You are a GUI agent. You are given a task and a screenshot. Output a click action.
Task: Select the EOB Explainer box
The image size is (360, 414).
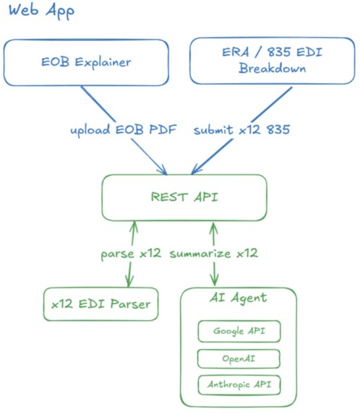[86, 63]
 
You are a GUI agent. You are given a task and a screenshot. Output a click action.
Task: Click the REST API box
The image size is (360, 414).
[184, 197]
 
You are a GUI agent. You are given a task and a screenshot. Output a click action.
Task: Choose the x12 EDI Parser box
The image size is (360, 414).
[100, 304]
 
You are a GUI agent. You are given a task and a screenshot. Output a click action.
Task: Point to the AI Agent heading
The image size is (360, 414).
[238, 298]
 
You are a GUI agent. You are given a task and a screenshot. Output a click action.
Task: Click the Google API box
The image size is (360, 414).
[239, 332]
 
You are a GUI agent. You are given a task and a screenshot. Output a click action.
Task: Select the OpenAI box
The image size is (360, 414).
[239, 358]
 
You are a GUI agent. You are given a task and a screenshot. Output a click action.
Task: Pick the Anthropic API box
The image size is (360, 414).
[239, 384]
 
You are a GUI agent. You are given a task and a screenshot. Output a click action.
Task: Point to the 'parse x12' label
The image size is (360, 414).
[131, 254]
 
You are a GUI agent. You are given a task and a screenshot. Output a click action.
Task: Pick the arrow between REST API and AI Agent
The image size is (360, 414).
[214, 273]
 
